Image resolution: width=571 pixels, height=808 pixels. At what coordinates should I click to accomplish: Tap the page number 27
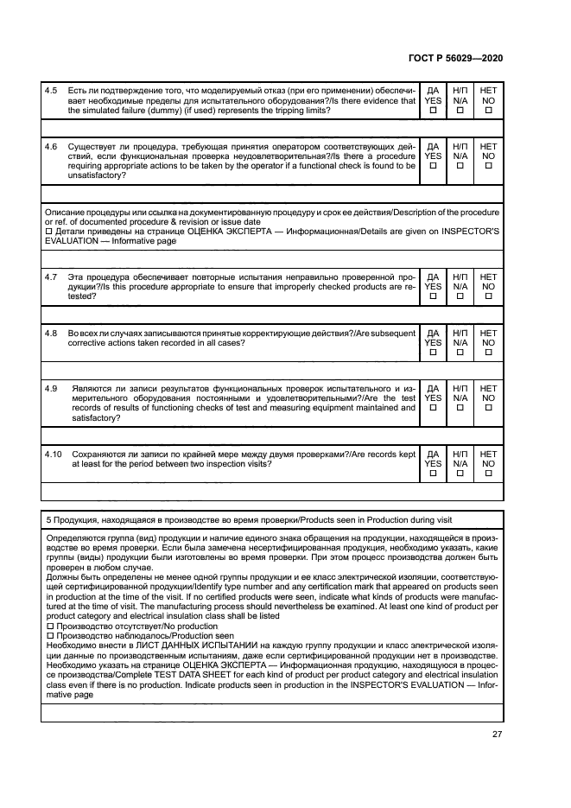tap(497, 734)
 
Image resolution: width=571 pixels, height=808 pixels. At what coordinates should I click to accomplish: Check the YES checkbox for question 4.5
tap(433, 111)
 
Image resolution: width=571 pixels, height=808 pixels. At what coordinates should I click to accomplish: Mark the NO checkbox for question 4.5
tap(488, 111)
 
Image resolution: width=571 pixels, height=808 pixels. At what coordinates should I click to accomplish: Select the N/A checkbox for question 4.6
tap(460, 167)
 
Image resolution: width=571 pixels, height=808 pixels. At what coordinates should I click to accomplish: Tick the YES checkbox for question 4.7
tap(433, 296)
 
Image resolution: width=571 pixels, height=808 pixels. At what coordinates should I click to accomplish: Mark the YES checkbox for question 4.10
tap(433, 474)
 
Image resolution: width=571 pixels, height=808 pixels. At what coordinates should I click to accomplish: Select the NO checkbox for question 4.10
tap(488, 474)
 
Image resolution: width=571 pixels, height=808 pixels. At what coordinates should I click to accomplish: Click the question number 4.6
tap(51, 147)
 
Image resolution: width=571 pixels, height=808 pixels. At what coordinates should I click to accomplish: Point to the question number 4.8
tap(51, 333)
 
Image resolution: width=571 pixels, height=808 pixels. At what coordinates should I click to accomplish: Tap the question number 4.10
tap(54, 454)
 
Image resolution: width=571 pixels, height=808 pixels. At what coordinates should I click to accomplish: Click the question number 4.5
tap(51, 91)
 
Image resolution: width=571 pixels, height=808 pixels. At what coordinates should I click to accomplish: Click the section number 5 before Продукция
tap(47, 519)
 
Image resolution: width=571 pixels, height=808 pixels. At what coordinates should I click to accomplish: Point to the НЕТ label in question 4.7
tap(488, 277)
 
